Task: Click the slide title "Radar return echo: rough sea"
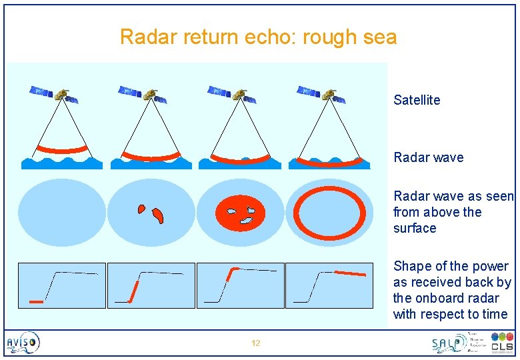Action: click(258, 37)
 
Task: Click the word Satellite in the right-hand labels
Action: click(417, 100)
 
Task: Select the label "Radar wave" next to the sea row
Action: click(428, 157)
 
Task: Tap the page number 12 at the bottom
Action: click(256, 343)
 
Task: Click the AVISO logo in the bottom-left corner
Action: click(23, 343)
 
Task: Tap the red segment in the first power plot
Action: click(37, 302)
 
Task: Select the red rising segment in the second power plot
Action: click(134, 291)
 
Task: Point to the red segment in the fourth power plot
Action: click(350, 273)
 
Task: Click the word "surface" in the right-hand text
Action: click(415, 228)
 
